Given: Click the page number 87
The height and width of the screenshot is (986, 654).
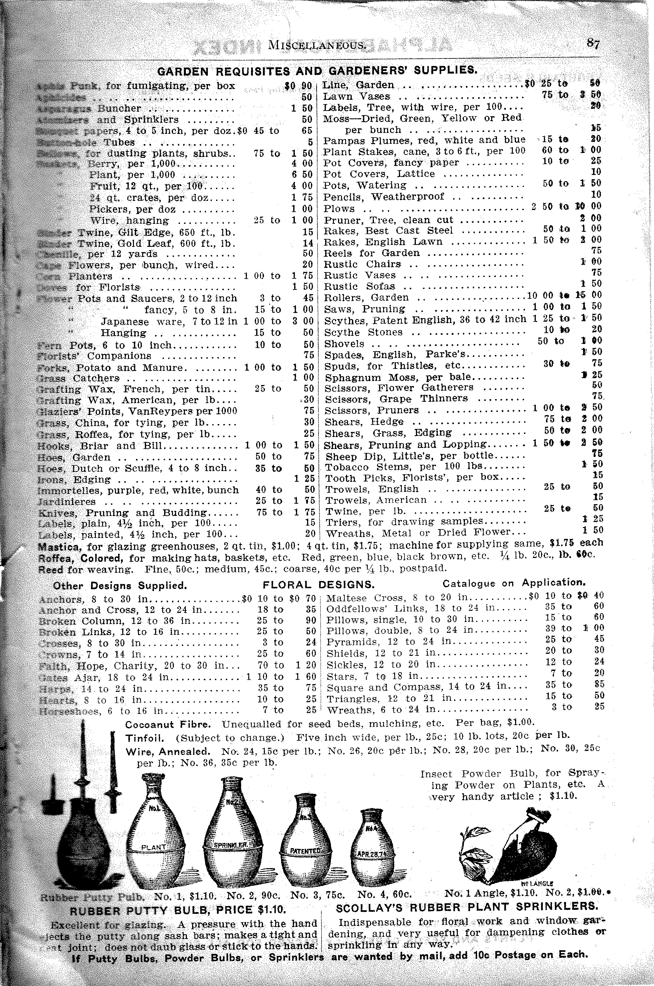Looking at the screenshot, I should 593,43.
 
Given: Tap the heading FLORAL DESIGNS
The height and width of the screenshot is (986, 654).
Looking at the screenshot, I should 318,585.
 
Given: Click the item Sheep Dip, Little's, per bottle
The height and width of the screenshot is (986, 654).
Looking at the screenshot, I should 409,456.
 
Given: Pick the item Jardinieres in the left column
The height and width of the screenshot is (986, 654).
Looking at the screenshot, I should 67,502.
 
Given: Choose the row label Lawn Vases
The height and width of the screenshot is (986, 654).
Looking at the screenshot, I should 357,96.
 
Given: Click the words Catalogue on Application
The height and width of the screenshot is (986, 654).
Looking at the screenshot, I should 514,583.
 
